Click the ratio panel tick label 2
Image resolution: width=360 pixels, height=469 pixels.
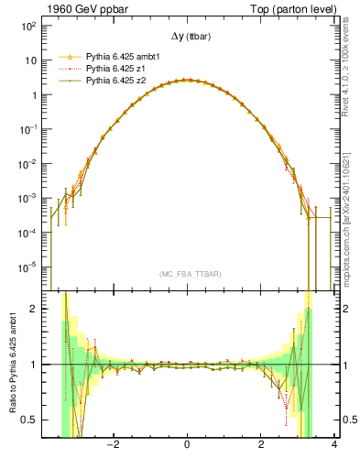point(32,309)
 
